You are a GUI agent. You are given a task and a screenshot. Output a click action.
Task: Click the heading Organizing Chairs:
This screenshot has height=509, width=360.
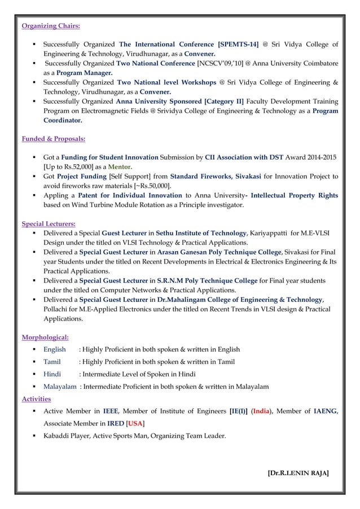point(50,25)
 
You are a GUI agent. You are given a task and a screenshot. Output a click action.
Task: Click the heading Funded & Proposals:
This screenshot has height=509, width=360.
point(54,138)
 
